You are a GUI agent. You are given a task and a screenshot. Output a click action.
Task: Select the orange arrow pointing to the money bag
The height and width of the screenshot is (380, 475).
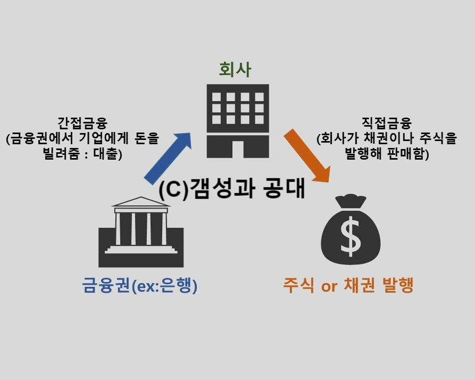pos(307,155)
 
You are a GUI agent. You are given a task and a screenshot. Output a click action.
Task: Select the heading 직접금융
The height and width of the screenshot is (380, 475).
pos(387,123)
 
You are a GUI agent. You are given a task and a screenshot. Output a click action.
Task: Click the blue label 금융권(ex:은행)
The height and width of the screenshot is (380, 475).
pos(140,286)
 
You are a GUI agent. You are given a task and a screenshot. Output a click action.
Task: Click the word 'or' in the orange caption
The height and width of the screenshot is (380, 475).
pos(329,287)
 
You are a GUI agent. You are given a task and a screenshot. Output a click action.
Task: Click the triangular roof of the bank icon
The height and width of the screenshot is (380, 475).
pos(141,202)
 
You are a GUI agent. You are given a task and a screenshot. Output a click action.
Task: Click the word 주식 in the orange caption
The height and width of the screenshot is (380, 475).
pos(298,286)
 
